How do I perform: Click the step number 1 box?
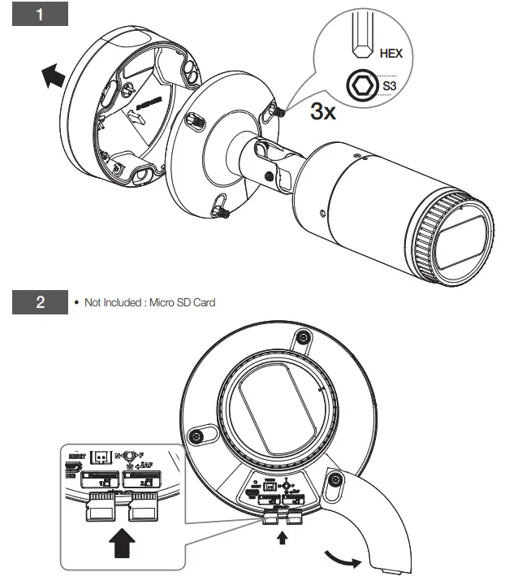(40, 17)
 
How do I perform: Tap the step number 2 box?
(40, 305)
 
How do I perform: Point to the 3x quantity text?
(324, 111)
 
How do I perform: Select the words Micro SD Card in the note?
(186, 303)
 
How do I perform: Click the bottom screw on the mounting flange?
(222, 208)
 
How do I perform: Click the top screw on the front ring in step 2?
(302, 337)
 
